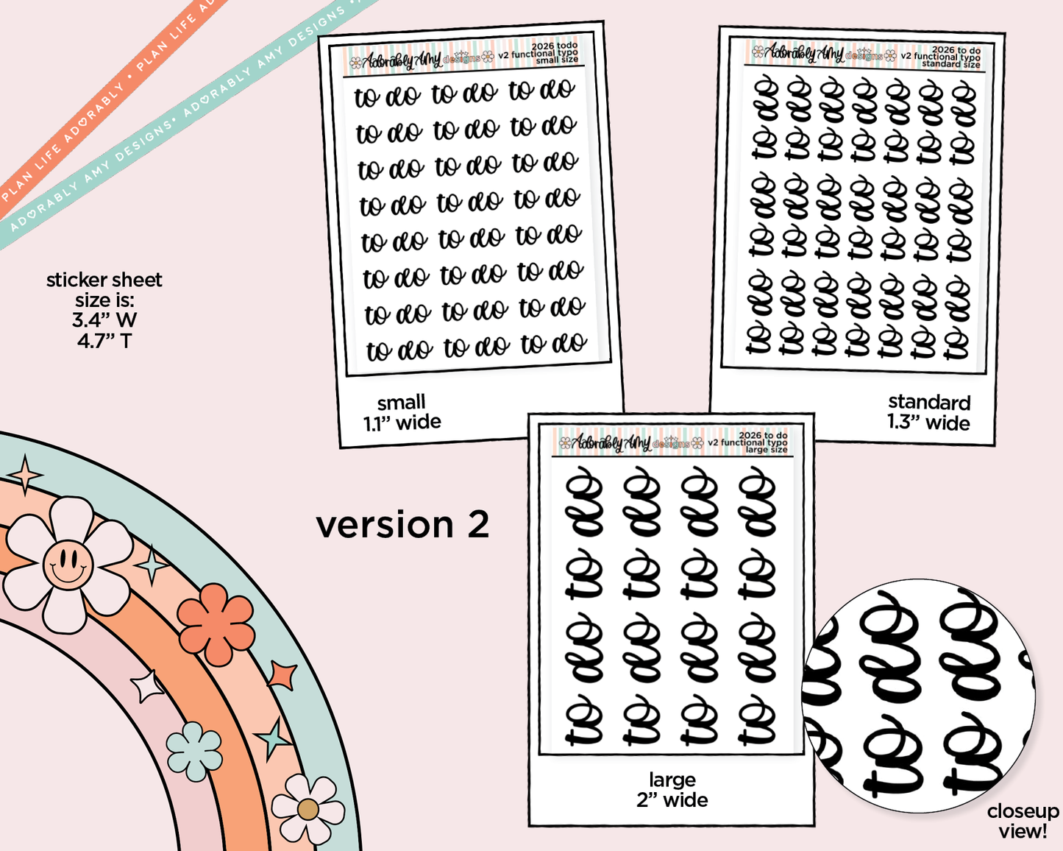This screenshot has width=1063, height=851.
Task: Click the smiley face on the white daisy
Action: pos(68,565)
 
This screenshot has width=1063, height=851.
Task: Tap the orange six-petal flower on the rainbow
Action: pos(216,624)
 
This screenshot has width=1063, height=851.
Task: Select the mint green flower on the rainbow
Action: pos(194,751)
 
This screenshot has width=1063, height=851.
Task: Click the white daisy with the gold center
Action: pos(307,809)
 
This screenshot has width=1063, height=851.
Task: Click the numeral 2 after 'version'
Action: pos(478,525)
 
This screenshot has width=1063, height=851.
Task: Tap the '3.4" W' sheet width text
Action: pos(104,320)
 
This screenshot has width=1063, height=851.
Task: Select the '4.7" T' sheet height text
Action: pos(104,341)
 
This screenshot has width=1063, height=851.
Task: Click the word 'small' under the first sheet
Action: pos(401,402)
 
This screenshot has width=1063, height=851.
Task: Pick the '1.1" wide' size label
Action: pos(402,423)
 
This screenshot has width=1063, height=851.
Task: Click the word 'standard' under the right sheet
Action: pos(929,402)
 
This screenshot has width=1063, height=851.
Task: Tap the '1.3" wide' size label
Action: pos(928,423)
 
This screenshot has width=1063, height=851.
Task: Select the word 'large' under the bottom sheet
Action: pos(672,780)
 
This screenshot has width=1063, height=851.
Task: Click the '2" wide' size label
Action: pos(672,800)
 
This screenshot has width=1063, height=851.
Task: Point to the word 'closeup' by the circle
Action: pos(1023,811)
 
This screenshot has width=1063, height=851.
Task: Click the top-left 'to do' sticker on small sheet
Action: pos(387,96)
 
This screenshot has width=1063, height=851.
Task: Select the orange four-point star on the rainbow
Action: pos(282,675)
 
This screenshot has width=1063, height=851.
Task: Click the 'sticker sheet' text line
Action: pos(104,280)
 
